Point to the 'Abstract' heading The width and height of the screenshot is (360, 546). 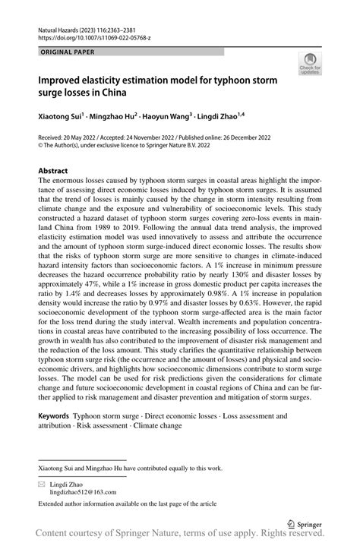54,171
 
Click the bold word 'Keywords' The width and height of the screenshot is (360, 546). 54,417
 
